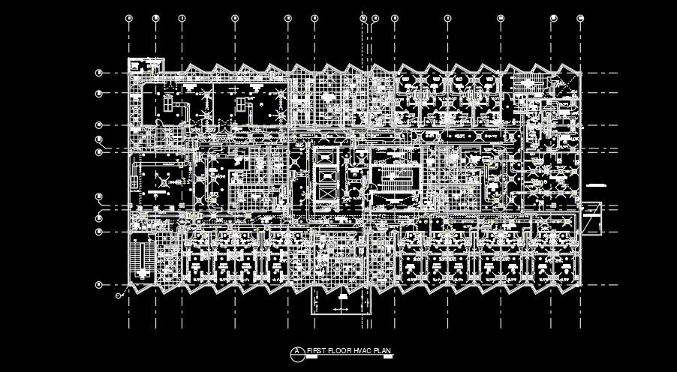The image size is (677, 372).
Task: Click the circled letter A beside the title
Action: point(298,351)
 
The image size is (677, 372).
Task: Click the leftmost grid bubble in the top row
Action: point(129,17)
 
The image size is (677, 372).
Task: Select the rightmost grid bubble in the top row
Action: point(579,17)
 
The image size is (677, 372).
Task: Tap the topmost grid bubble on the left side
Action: point(98,73)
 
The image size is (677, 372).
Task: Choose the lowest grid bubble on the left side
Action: point(98,285)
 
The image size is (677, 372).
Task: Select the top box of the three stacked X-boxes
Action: point(326,157)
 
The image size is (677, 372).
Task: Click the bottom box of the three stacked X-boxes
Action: point(326,193)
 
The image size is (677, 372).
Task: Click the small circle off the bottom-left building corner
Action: point(118,296)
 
